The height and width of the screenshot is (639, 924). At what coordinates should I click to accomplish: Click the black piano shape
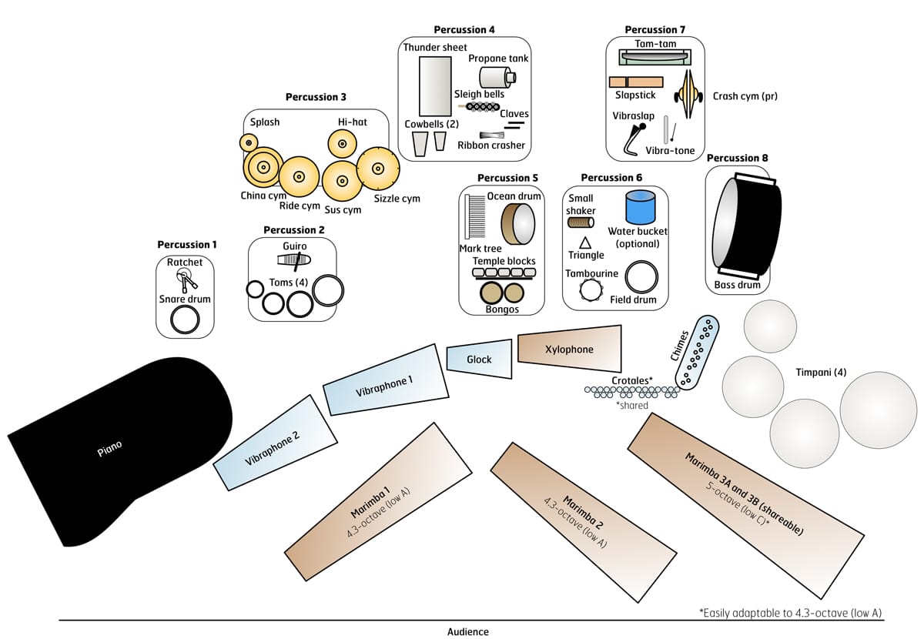115,447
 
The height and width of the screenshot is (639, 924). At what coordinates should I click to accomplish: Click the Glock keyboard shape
479,360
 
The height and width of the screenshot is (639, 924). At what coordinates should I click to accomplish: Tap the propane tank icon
497,77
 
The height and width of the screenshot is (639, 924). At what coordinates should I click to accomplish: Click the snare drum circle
185,319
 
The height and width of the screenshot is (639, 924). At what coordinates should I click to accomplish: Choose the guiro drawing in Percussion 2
293,261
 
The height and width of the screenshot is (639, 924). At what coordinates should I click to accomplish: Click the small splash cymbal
248,142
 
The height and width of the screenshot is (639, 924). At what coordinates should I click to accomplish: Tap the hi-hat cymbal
342,142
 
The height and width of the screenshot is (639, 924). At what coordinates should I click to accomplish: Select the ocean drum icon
518,224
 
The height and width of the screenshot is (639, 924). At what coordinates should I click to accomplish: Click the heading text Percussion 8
737,159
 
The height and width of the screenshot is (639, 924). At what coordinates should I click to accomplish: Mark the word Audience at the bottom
467,631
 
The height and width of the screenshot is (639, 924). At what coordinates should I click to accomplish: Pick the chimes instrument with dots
698,352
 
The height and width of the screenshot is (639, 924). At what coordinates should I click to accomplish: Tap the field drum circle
641,277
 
